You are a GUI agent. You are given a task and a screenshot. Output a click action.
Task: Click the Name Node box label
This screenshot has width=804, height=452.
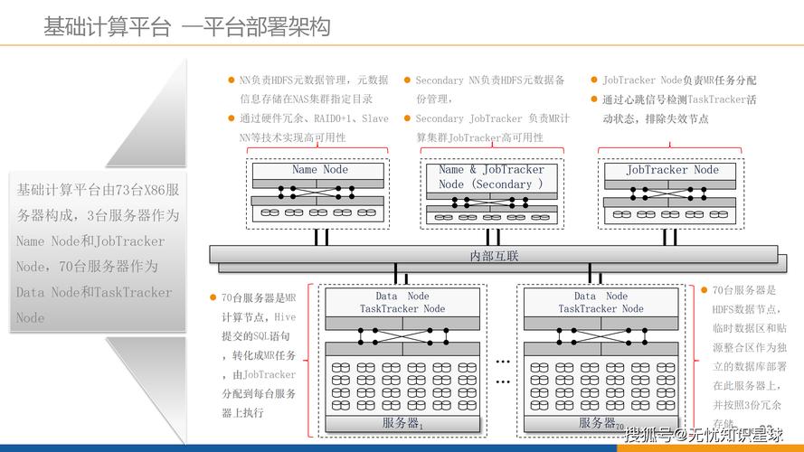click(319, 170)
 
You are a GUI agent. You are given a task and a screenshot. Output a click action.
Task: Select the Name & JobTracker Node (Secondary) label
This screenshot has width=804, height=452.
click(491, 176)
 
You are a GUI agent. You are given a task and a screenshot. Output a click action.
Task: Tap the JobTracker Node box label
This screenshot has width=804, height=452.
click(672, 170)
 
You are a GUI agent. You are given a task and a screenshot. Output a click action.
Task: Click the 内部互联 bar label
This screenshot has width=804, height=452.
click(494, 256)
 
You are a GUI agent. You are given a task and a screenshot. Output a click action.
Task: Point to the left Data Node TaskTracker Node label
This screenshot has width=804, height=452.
click(402, 302)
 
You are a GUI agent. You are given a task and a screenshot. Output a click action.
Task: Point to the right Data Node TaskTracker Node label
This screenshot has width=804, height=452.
click(601, 302)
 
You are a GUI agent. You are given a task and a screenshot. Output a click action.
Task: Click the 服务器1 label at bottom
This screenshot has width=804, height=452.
click(402, 423)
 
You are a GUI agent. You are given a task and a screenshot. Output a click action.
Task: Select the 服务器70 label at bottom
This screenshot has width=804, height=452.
click(601, 423)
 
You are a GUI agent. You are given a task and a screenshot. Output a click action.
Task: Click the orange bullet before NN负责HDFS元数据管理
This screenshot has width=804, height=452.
click(232, 80)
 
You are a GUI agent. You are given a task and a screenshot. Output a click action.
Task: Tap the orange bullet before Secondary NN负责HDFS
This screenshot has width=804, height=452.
click(407, 80)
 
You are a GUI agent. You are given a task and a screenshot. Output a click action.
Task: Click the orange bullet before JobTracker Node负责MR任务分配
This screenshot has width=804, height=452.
click(594, 80)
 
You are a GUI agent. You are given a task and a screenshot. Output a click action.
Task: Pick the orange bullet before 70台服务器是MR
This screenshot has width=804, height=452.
click(214, 297)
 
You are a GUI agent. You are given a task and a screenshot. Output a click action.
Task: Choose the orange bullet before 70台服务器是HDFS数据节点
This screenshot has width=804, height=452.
click(705, 290)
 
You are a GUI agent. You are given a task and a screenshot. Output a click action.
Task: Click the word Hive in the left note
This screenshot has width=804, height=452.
click(284, 317)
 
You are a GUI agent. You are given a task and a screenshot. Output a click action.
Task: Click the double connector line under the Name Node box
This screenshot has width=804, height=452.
click(319, 236)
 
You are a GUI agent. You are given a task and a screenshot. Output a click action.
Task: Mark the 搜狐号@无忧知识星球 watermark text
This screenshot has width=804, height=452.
click(702, 434)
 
